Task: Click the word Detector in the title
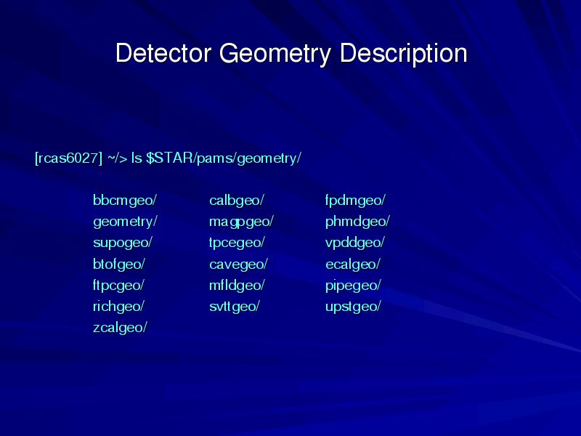point(163,53)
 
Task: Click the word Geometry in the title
point(275,54)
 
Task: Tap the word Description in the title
point(403,54)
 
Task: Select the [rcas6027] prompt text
point(68,158)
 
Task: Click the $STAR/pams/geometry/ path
point(224,158)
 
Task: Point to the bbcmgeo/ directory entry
point(125,201)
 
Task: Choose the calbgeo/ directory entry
point(237,201)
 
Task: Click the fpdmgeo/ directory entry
point(355,201)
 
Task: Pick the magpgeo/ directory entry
point(241,222)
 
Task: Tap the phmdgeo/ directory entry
point(357,222)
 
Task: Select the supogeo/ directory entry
point(123,243)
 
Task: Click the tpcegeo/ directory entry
point(237,243)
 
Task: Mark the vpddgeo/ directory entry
point(354,243)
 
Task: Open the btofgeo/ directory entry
point(118,265)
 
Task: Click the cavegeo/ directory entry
point(238,265)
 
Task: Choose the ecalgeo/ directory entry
point(352,265)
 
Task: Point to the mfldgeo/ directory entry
point(237,286)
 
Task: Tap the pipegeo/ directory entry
point(353,286)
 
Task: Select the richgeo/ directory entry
point(118,307)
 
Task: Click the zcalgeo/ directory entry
point(120,328)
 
